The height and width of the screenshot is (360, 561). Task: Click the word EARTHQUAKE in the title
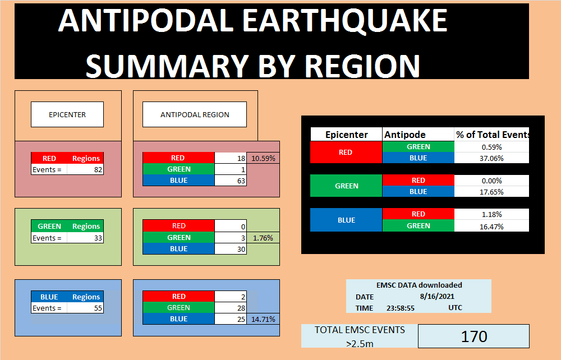click(345, 21)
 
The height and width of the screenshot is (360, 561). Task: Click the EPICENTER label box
click(67, 114)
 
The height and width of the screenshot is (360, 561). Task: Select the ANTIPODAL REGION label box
click(195, 114)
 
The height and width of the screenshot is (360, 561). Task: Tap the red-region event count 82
click(98, 169)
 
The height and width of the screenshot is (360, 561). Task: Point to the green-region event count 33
click(98, 238)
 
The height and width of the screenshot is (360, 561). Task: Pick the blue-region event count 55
click(98, 308)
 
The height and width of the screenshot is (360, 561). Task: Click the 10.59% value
click(263, 158)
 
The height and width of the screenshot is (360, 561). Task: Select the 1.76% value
click(263, 238)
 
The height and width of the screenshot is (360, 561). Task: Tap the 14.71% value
click(263, 319)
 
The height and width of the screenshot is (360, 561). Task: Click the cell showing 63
click(231, 181)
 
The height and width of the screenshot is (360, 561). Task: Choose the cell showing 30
click(231, 249)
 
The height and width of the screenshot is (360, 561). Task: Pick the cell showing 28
click(231, 307)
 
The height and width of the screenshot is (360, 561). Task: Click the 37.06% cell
click(491, 158)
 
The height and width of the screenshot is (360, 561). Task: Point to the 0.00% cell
click(491, 181)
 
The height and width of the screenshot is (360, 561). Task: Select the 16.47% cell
click(491, 227)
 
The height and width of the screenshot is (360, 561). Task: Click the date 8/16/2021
click(437, 296)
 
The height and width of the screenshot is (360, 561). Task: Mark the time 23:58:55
click(401, 308)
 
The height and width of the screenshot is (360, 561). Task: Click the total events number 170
click(473, 336)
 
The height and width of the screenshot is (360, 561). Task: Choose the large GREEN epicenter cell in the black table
click(346, 186)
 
